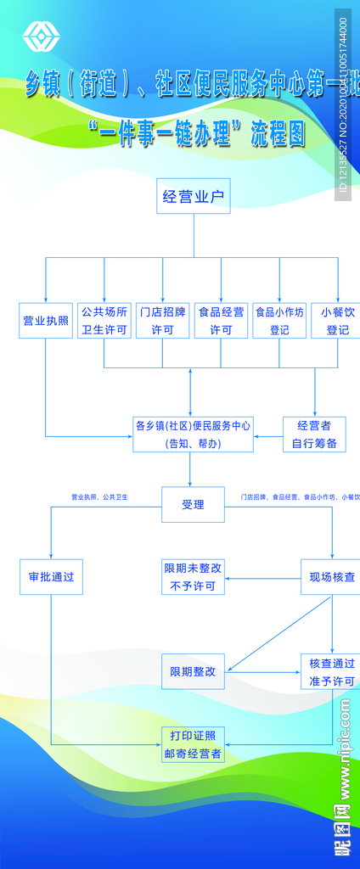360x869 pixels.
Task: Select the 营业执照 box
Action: (46, 321)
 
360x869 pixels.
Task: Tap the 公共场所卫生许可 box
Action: (104, 321)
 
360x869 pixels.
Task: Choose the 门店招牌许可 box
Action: (162, 321)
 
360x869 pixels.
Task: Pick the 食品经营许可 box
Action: (221, 321)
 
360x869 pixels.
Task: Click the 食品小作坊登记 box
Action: (278, 321)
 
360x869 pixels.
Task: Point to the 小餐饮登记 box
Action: (337, 321)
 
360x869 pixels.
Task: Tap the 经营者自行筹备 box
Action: (314, 434)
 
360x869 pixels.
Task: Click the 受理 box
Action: (193, 504)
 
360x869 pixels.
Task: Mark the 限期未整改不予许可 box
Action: (193, 577)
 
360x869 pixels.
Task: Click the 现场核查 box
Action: (331, 577)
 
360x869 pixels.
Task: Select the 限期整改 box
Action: (193, 671)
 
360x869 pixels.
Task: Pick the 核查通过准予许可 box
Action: (331, 671)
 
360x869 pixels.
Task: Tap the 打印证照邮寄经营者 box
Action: (193, 745)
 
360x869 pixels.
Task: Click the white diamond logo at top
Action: (37, 36)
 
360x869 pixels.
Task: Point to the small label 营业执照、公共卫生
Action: (99, 496)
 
